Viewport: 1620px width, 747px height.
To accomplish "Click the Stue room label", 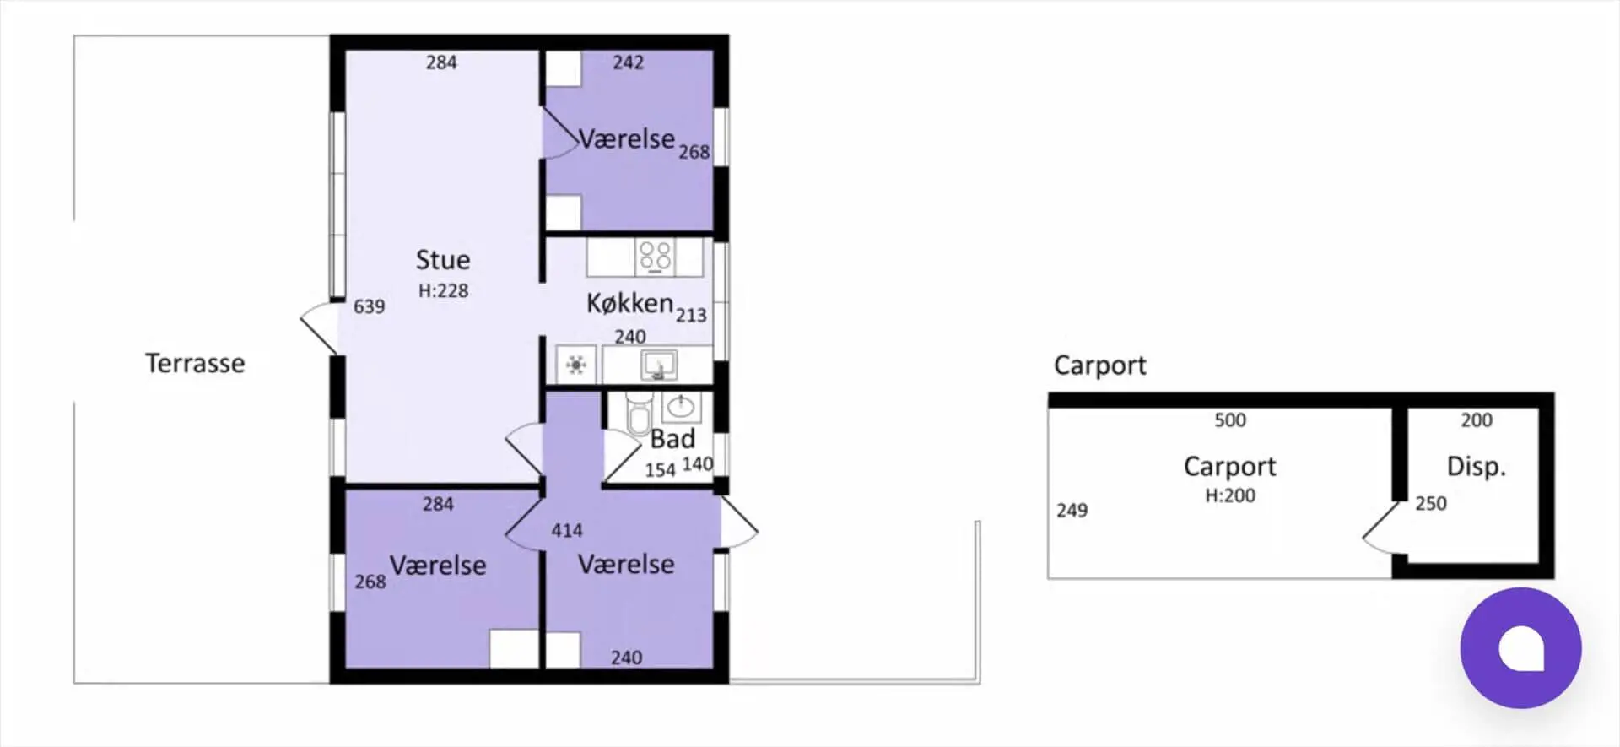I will [x=443, y=260].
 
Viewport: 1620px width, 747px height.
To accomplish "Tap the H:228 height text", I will [x=443, y=290].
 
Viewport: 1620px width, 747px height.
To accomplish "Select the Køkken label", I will [x=629, y=303].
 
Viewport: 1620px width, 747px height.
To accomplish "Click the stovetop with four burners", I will [x=656, y=256].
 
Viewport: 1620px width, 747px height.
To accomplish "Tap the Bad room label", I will [x=672, y=439].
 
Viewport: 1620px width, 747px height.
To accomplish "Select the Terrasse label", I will [x=195, y=363].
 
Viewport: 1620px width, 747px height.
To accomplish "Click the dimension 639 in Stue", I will [x=369, y=306].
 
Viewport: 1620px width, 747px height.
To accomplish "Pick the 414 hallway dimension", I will [x=567, y=531].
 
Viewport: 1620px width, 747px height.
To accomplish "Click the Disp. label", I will [x=1476, y=466].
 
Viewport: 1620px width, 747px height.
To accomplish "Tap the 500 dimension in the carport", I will [x=1230, y=420].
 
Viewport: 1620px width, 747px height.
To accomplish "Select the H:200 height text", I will [x=1230, y=495].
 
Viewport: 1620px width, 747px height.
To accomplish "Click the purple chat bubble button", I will [x=1520, y=647].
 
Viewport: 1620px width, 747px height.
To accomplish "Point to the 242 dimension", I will [x=629, y=62].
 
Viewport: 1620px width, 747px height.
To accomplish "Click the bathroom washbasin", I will [x=680, y=408].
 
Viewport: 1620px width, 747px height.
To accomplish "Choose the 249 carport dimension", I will [x=1072, y=511].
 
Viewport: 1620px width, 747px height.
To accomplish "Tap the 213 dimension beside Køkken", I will [x=691, y=316].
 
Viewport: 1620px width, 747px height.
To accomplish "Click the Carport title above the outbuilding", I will [x=1100, y=365].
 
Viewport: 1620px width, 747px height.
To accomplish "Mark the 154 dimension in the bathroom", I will [x=660, y=470].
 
